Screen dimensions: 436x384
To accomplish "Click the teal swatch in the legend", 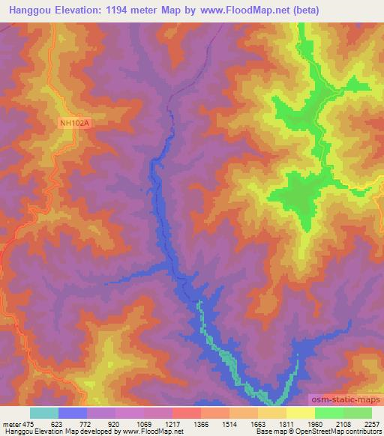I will [44, 413].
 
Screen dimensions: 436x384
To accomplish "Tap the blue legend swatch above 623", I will [73, 413].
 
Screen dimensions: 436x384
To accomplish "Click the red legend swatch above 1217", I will [187, 413].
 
